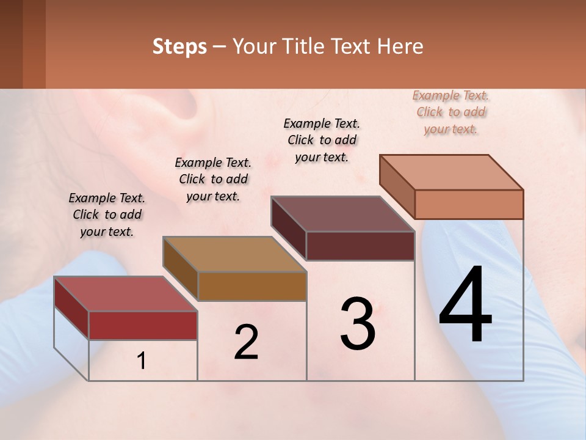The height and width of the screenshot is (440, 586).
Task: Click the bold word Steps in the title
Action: click(x=179, y=46)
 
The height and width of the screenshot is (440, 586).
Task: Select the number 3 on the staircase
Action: click(x=358, y=324)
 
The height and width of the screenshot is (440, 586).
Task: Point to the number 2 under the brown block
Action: click(x=246, y=342)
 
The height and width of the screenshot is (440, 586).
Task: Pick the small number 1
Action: click(x=141, y=361)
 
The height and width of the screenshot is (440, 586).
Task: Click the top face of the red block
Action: click(x=125, y=293)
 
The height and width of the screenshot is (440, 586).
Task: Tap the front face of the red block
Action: click(x=143, y=325)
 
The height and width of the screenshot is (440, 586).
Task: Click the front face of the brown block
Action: click(x=252, y=286)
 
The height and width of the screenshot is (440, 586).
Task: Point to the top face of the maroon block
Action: click(x=342, y=214)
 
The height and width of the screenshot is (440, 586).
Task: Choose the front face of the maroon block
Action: click(x=360, y=246)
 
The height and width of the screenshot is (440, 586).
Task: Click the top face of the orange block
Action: click(x=451, y=172)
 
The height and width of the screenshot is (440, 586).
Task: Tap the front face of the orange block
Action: click(x=469, y=204)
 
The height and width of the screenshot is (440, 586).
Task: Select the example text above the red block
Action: click(x=107, y=215)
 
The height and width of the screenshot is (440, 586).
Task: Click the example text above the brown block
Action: click(x=213, y=179)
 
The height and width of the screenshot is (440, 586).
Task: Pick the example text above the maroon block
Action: click(x=322, y=140)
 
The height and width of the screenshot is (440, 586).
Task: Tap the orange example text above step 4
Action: click(x=451, y=112)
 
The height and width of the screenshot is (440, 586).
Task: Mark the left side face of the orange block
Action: click(x=397, y=186)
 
